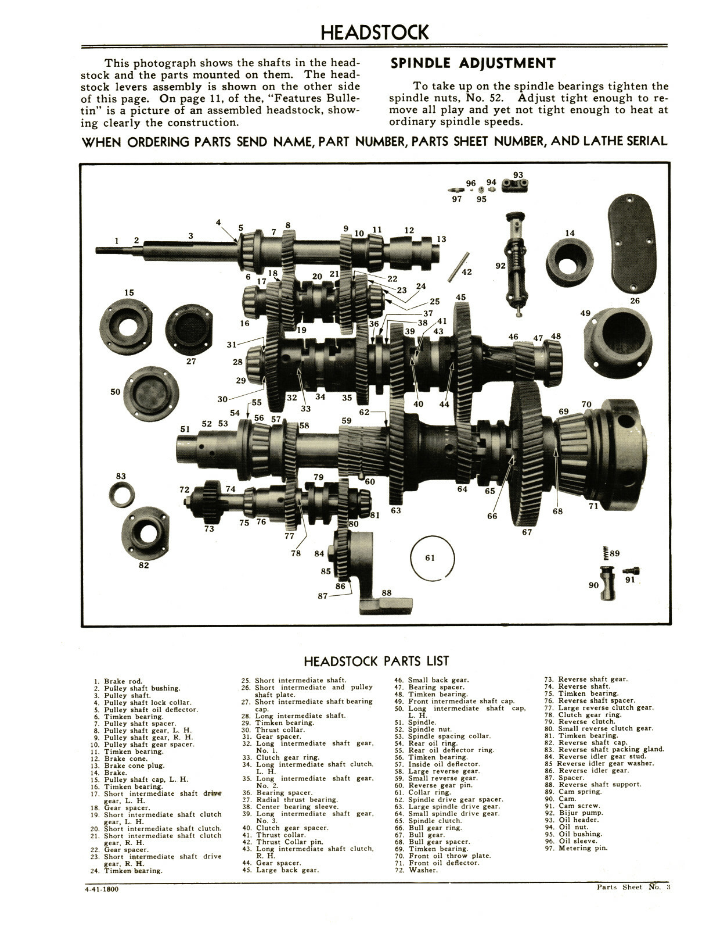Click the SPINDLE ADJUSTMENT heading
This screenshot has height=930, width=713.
(473, 63)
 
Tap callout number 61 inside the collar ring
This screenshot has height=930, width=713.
(430, 557)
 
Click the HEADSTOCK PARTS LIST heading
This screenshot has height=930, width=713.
(376, 661)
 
